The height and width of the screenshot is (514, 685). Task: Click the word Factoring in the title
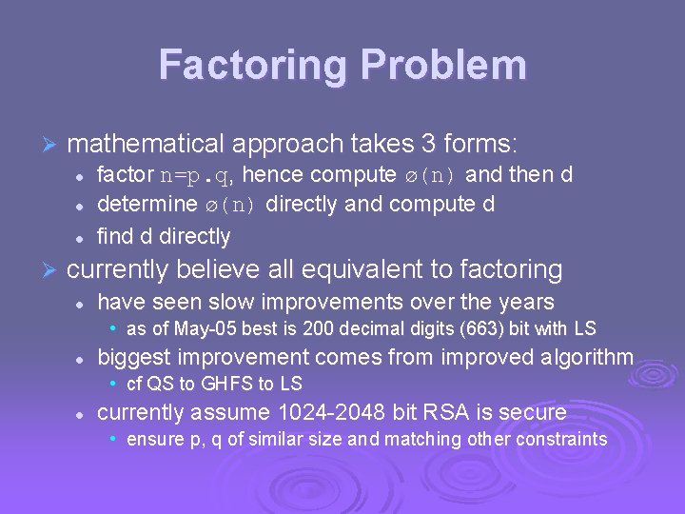(245, 65)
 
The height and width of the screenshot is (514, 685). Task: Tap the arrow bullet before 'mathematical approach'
(51, 145)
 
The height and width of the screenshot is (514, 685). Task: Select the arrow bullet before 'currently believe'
(51, 269)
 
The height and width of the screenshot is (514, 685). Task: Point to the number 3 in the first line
(428, 144)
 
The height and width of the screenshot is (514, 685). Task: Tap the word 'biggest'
(133, 357)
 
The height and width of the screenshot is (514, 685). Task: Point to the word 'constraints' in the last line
(561, 439)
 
